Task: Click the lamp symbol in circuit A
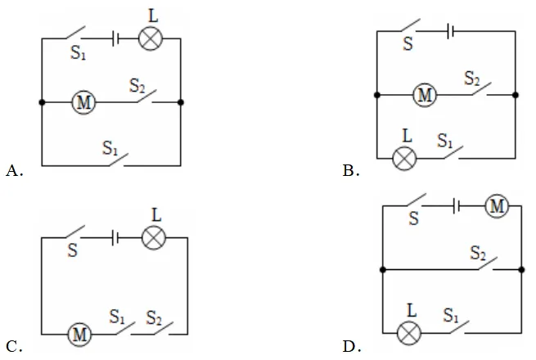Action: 151,38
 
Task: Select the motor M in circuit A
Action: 83,102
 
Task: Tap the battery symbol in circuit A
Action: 115,38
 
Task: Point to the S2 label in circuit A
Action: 137,85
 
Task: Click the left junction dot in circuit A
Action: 42,102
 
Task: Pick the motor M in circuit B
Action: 425,95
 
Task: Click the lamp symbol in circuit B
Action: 404,158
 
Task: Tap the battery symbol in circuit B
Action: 450,31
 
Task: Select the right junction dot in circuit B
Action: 516,95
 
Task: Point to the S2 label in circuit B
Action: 471,79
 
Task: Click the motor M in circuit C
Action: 79,334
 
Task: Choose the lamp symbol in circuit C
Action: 154,237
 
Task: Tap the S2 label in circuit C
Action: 154,317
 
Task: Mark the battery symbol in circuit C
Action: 115,237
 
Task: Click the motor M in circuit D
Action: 497,206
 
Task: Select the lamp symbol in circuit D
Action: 409,333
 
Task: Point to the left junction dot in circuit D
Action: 383,270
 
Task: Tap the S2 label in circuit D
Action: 478,254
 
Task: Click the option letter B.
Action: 351,171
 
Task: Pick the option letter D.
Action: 352,347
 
